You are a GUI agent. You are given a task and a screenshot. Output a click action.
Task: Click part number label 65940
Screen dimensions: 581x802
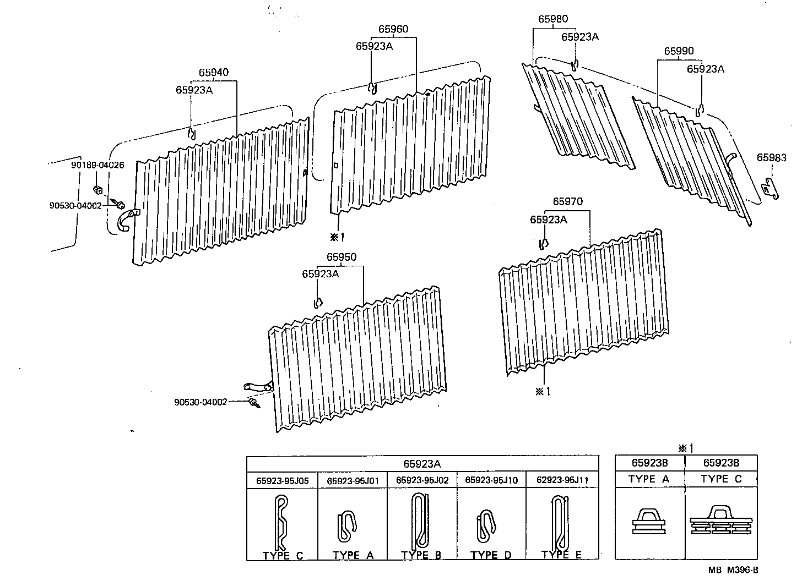214,73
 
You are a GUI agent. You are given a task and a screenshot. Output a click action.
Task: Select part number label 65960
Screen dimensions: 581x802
393,29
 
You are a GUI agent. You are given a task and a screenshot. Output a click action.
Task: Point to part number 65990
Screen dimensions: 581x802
679,51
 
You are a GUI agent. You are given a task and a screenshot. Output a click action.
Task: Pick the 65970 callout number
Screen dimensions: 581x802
567,202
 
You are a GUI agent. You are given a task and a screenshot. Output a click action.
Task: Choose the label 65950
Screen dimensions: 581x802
341,257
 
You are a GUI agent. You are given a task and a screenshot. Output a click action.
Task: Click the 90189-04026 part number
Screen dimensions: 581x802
97,165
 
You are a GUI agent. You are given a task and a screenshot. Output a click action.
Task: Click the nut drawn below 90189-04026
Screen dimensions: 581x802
96,190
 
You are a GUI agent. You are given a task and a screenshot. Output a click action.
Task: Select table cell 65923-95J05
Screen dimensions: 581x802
283,480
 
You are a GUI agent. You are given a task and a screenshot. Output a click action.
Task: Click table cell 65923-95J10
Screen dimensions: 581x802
491,480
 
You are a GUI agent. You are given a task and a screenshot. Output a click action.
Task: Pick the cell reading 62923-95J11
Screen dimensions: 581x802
562,480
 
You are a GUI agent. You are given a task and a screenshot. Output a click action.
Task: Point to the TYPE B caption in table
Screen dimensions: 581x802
421,555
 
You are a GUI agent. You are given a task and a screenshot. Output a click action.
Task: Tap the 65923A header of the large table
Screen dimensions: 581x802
422,464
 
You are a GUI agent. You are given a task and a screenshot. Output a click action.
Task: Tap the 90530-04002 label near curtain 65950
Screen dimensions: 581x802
201,402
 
